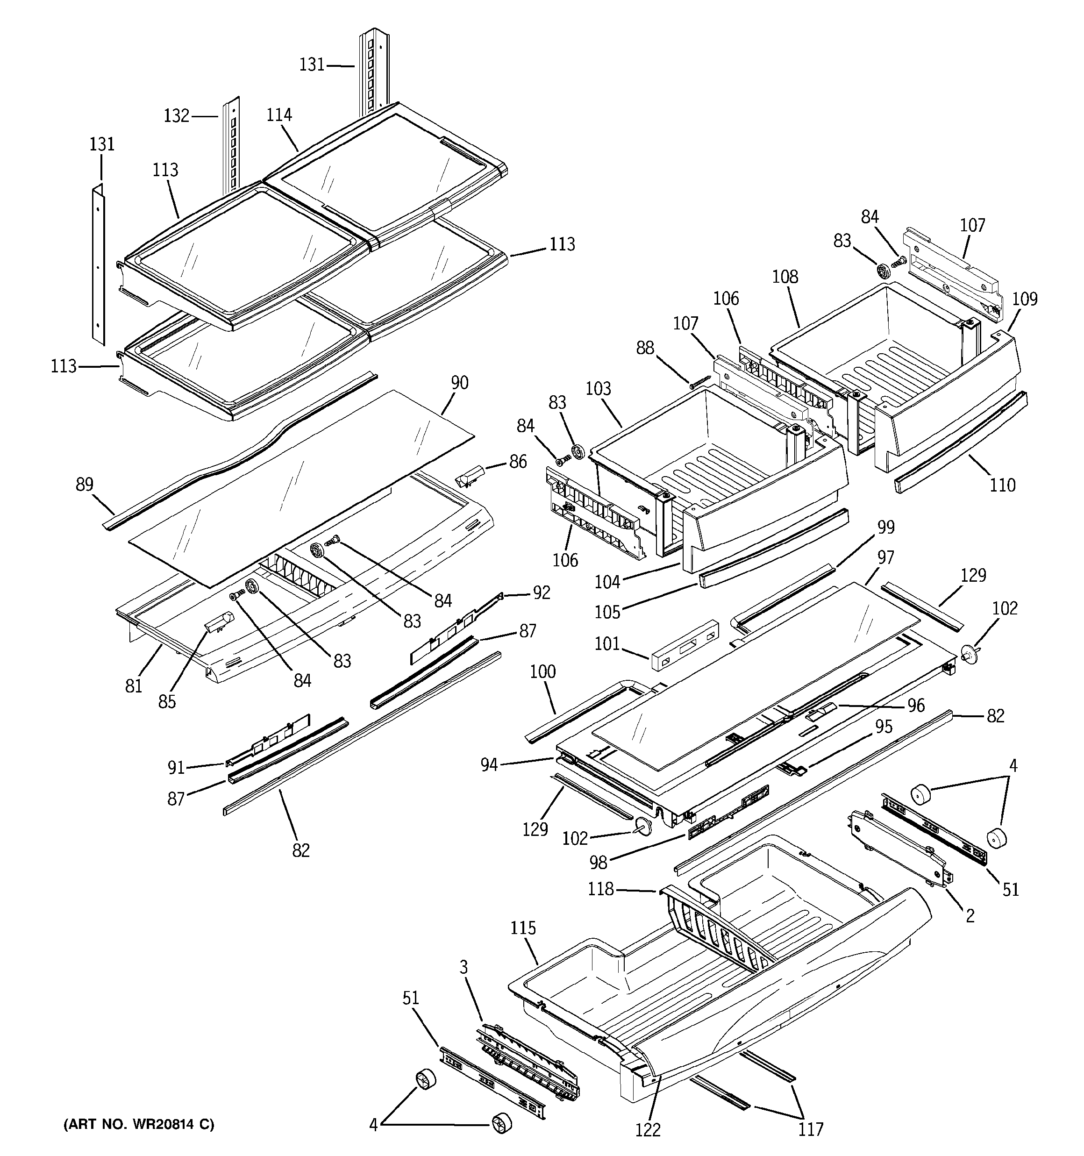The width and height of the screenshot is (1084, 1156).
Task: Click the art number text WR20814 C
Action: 138,1125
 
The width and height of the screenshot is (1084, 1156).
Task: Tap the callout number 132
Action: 176,116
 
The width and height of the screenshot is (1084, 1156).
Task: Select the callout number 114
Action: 279,115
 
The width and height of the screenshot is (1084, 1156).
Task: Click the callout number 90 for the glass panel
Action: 459,383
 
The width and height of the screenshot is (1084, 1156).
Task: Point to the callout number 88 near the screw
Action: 645,348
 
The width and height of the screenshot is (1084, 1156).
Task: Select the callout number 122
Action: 648,1130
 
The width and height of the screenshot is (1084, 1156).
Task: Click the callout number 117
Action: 811,1129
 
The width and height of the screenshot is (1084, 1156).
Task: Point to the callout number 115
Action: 523,928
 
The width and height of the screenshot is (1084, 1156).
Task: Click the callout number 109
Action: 1025,299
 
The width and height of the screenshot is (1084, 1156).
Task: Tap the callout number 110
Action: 1003,485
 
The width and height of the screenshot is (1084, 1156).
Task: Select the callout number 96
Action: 916,706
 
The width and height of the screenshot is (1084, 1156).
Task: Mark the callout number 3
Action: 464,967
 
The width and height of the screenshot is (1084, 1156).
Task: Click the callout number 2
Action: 970,916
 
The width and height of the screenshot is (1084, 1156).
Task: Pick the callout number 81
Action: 134,686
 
